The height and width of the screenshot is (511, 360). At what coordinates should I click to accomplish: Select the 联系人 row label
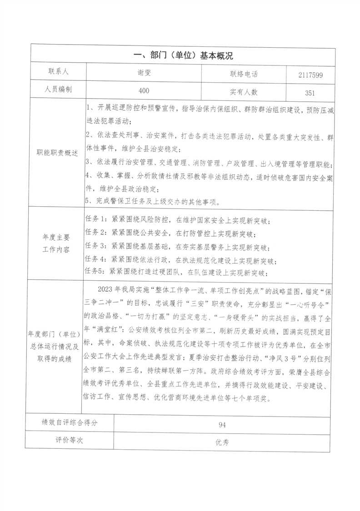pos(58,71)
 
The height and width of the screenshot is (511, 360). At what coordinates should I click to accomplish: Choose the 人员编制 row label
pos(58,89)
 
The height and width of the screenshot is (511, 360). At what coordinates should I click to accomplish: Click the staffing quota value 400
pos(144,91)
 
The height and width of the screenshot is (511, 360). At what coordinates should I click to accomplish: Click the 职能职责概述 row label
pos(58,152)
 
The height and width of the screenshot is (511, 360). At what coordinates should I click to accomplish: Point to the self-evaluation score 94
pos(222,425)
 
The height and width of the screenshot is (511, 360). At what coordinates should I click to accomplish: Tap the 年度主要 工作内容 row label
pos(58,243)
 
